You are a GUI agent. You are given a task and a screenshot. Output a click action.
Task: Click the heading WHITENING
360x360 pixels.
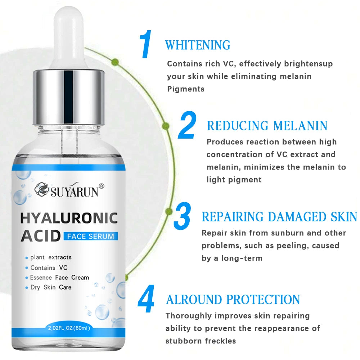click(x=198, y=45)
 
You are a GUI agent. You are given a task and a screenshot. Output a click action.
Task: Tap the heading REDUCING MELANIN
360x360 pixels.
click(x=267, y=126)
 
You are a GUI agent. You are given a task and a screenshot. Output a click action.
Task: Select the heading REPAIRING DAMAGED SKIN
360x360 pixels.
click(x=279, y=217)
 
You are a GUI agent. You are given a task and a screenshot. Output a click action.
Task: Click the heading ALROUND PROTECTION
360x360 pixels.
click(x=233, y=300)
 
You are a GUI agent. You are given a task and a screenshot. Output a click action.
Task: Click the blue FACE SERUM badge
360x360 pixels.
click(x=90, y=237)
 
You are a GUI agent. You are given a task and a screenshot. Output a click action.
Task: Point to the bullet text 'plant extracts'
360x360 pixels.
click(x=51, y=257)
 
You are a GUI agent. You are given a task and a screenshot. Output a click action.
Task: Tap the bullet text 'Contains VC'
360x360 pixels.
click(x=49, y=267)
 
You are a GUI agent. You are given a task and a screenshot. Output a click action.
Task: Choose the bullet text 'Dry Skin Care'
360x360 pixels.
click(x=51, y=287)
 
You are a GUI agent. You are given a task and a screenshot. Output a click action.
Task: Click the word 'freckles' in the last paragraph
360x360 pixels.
click(x=219, y=341)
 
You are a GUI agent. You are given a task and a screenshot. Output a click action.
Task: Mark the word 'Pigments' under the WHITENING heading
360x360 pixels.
click(x=186, y=89)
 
